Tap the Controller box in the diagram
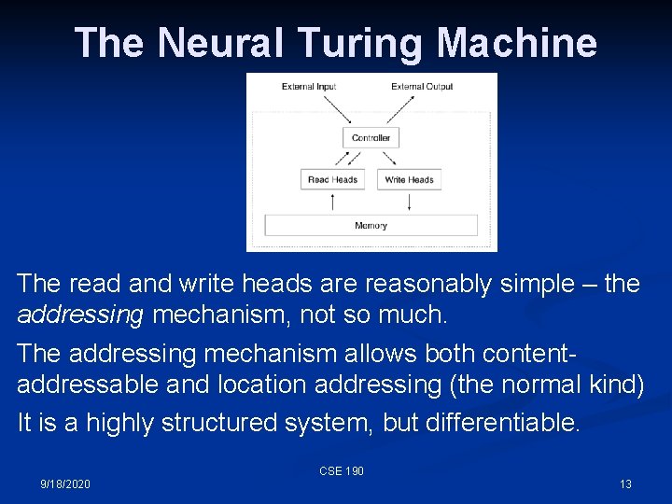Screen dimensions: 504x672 pos(371,137)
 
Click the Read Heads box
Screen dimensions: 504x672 pos(332,179)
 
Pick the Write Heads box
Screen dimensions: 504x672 pos(409,179)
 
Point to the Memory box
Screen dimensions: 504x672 pos(371,225)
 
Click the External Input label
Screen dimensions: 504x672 pos(309,87)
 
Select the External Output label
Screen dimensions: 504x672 pos(422,87)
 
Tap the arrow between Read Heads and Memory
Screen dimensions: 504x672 pos(332,202)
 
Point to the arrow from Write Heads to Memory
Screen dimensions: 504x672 pos(410,202)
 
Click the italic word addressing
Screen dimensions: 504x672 pos(80,315)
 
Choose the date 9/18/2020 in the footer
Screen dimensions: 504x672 pos(65,483)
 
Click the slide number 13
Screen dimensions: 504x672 pos(625,483)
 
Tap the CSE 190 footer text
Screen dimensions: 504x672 pos(342,471)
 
